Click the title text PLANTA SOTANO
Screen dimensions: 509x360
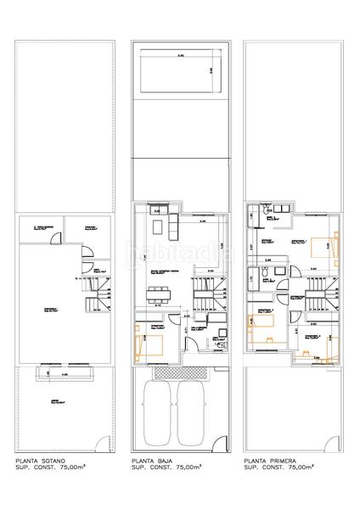pyautogui.click(x=39, y=461)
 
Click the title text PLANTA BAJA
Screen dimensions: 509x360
pyautogui.click(x=151, y=461)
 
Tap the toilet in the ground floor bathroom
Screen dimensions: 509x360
pyautogui.click(x=217, y=334)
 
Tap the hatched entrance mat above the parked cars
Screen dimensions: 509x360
pyautogui.click(x=180, y=372)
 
